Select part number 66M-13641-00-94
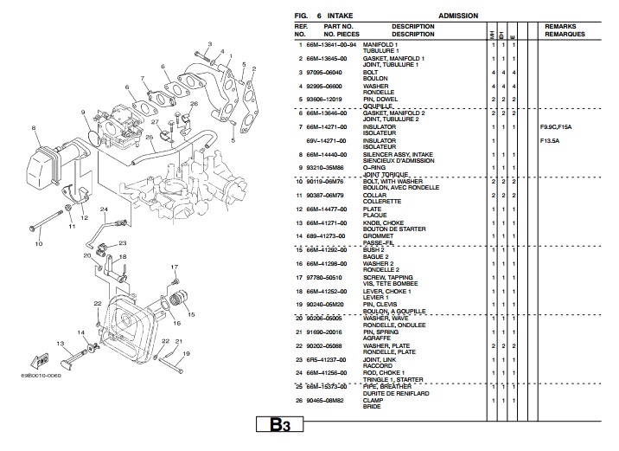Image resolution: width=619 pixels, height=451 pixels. (x=333, y=44)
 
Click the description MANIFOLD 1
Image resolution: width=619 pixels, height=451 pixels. (x=380, y=44)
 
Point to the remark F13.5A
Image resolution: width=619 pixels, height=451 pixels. (x=550, y=140)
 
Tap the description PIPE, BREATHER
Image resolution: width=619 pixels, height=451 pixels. (x=388, y=386)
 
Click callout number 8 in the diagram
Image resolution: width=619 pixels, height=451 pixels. (x=35, y=128)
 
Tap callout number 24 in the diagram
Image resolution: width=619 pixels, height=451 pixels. (x=103, y=209)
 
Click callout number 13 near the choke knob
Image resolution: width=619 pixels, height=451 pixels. (x=61, y=344)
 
